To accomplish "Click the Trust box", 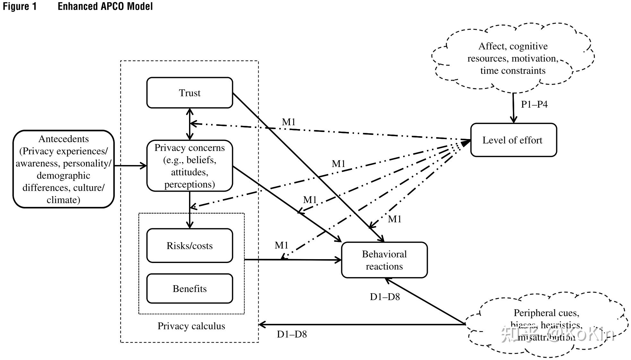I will coord(189,93).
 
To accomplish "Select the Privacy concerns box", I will coord(189,166).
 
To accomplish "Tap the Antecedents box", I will coord(64,169).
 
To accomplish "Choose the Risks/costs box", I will coord(189,246).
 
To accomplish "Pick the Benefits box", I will coord(189,289).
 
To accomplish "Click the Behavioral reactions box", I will coord(384,260).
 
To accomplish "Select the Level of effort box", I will coord(513,140).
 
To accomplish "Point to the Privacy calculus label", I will coord(191,326).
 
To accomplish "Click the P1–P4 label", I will coord(534,104).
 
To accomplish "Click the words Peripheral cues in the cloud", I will coord(546,313).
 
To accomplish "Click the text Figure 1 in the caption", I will coord(20,6).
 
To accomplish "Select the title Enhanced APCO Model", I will coord(105,6).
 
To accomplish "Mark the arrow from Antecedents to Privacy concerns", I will coord(130,166).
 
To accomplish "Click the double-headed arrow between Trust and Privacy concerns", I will coord(190,124).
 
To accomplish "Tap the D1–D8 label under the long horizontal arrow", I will coord(292,334).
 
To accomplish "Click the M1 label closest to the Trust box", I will coord(289,122).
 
